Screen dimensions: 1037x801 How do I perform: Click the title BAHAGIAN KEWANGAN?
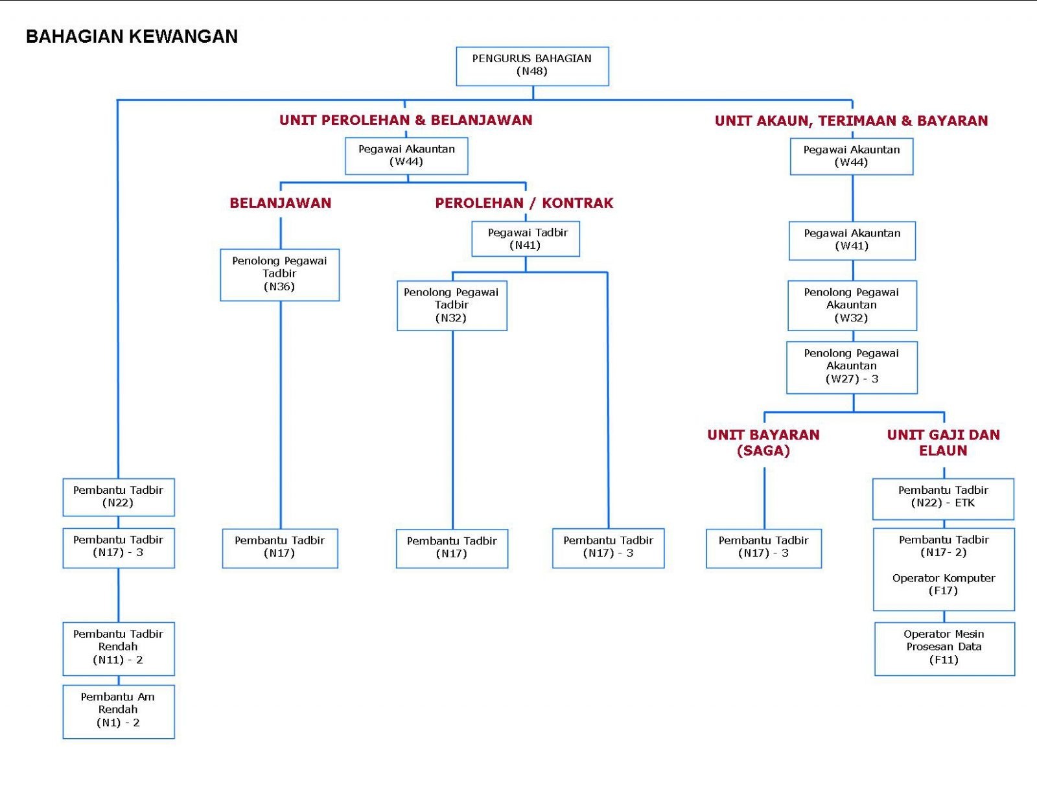tap(132, 37)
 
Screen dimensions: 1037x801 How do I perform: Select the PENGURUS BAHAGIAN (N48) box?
tap(532, 66)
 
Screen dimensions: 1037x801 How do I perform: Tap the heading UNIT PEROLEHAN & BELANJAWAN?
tap(406, 121)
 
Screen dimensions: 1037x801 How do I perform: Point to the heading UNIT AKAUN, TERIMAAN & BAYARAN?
tap(851, 121)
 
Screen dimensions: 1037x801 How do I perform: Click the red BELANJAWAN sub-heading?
tap(280, 203)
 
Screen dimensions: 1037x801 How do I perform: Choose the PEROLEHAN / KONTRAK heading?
tap(524, 203)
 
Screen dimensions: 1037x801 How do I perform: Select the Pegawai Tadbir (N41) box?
tap(526, 239)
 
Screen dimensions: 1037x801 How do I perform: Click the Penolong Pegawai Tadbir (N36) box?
tap(279, 275)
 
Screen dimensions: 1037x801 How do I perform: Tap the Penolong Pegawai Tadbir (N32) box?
tap(452, 305)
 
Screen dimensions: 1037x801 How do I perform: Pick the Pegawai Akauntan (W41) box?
tap(852, 241)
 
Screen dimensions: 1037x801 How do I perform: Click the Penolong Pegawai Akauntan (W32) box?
tap(852, 305)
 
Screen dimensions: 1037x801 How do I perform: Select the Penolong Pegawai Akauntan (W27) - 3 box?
tap(852, 367)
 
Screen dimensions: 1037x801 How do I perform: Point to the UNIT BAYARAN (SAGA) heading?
tap(763, 443)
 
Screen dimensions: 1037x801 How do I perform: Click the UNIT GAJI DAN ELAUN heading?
tap(943, 443)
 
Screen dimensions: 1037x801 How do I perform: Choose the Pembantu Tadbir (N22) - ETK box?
tap(943, 499)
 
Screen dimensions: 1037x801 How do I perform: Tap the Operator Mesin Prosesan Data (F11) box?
tap(944, 649)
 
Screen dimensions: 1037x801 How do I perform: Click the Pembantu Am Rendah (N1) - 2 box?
tap(119, 712)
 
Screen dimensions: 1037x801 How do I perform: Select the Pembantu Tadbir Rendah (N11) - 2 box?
tap(119, 649)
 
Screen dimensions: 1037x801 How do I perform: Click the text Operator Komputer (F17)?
tap(944, 585)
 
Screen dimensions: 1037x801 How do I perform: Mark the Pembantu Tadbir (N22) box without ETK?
tap(119, 497)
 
